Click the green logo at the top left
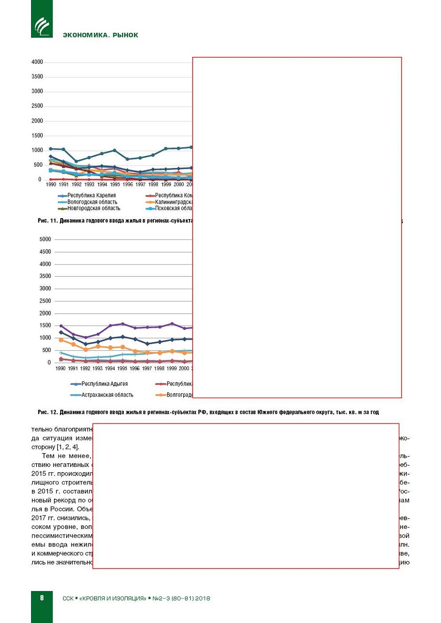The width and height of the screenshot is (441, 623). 42,26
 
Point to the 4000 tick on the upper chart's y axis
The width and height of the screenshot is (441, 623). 37,62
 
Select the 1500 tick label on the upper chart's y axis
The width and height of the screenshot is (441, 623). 37,135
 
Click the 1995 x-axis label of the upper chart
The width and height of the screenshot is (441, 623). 115,184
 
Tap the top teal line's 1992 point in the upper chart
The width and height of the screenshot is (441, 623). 76,161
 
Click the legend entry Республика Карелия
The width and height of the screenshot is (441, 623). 91,196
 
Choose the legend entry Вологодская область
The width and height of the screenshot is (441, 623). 92,202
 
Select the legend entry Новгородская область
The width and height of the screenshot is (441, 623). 94,208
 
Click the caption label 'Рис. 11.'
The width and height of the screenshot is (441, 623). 48,221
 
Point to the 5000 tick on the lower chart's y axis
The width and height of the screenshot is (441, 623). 45,239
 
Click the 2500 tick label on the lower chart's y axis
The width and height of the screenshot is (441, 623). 45,301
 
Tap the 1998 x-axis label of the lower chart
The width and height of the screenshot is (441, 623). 159,368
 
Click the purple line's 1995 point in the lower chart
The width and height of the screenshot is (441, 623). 123,324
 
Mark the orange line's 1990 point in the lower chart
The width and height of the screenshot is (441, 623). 61,340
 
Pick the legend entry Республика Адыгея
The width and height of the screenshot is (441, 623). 104,384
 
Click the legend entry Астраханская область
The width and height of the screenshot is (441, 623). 107,395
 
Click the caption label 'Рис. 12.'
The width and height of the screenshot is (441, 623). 48,412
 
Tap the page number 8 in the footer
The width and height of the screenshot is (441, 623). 42,598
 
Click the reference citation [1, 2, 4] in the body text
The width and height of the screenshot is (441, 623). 67,447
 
